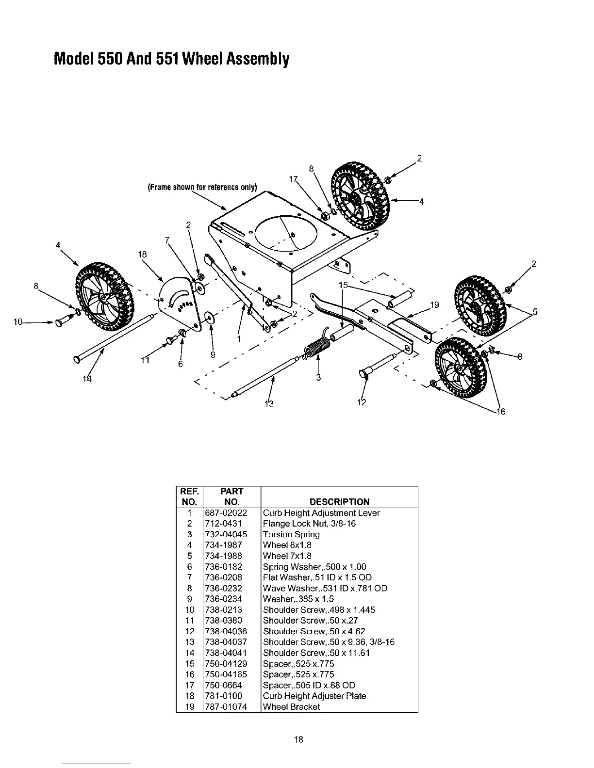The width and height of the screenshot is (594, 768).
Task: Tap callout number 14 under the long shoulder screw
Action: (x=87, y=379)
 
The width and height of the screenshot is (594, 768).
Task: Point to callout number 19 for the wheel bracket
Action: (x=434, y=304)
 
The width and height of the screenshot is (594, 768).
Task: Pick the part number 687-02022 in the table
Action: (x=226, y=513)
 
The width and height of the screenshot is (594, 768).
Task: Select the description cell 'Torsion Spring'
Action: (x=291, y=534)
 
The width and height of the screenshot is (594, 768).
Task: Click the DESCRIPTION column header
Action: (x=339, y=502)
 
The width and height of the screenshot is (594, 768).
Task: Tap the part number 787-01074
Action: (x=226, y=706)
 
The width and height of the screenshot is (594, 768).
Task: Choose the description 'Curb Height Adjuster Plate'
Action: (x=314, y=696)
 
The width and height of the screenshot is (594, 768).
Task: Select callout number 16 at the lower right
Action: (x=500, y=412)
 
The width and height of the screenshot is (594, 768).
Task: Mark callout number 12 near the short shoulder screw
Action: (x=362, y=402)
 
